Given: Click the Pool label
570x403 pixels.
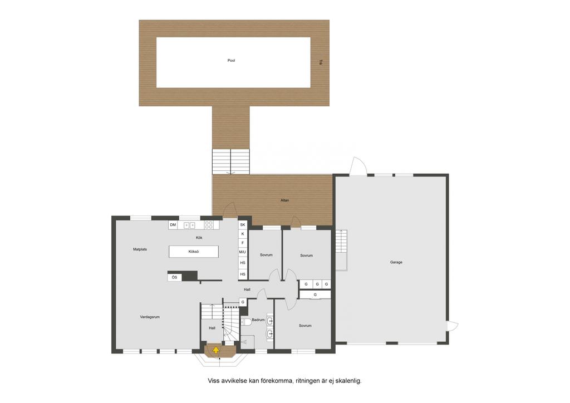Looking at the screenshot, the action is pos(231,60).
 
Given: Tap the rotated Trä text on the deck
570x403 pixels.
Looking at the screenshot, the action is pos(320,62).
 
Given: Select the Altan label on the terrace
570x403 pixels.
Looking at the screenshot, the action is pos(284,200).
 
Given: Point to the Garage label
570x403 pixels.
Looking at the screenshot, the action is pos(396,262).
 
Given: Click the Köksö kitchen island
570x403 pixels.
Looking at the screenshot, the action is pos(194,252).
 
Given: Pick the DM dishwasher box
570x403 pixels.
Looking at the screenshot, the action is pos(173,225).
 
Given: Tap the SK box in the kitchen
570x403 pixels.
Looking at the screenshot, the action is pos(243,225).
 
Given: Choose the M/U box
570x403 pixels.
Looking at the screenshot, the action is pos(243,252).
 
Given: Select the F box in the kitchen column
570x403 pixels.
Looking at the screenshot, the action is pos(243,243).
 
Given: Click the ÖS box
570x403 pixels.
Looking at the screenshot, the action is pos(174,277).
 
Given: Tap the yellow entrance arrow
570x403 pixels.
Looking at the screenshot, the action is pos(216,350).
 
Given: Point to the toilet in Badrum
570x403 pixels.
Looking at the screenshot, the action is pos(247,322).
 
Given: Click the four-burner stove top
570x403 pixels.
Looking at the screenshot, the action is pos(209,225).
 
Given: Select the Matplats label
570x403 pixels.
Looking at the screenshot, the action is pos(140,249).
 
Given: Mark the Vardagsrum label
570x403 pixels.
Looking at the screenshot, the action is pos(150,317).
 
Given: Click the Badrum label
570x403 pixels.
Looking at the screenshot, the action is pos(258,320).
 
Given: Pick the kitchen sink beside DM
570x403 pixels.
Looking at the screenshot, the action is pos(189,225).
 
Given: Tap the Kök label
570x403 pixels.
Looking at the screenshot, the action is pos(199,238).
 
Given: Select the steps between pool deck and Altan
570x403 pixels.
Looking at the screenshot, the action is pos(231,161).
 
